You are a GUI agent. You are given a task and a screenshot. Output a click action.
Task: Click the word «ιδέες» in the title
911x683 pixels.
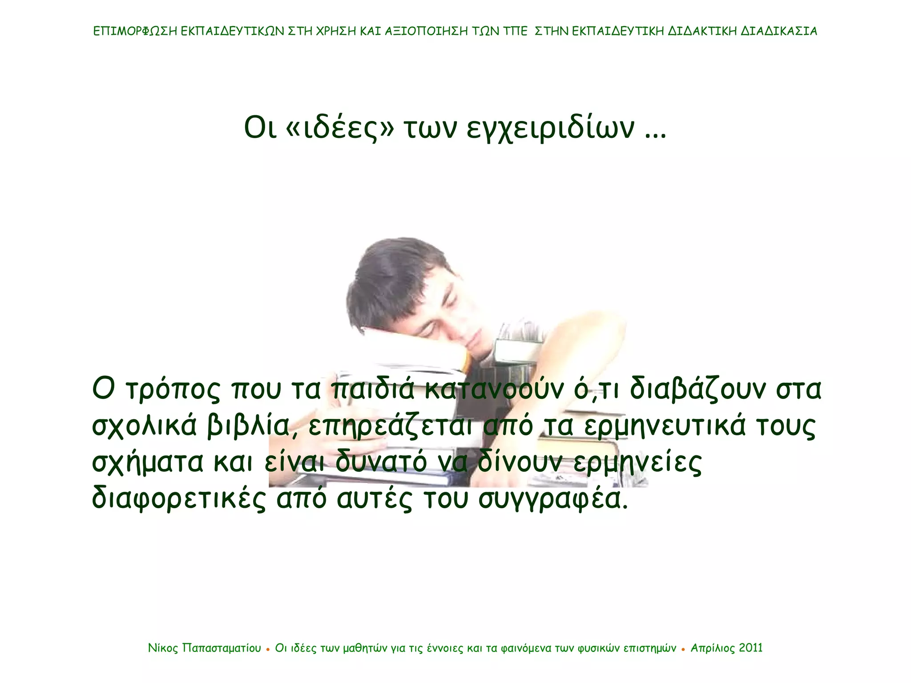click(x=341, y=128)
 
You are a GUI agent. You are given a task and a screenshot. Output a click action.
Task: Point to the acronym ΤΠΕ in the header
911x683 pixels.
click(x=516, y=31)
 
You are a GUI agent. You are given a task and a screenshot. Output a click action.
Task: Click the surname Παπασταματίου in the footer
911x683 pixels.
click(x=222, y=648)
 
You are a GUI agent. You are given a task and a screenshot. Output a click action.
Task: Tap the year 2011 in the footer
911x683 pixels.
click(x=751, y=648)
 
